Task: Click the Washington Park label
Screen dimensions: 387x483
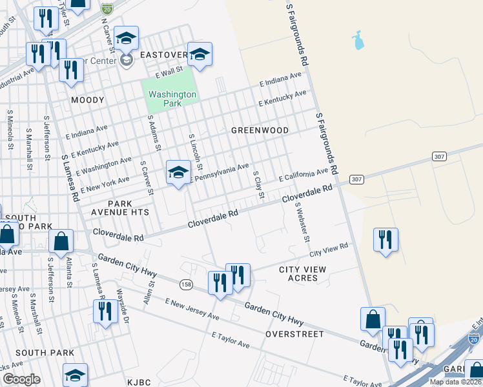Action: point(172,98)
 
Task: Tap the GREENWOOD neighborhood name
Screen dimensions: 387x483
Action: point(260,130)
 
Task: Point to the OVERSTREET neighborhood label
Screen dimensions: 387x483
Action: point(294,334)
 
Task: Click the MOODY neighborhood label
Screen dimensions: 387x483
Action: point(87,100)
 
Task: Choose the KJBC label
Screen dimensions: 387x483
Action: point(139,382)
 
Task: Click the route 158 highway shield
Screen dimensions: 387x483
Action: point(187,283)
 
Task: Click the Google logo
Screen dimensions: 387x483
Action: point(21,379)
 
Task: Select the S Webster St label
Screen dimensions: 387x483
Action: point(301,223)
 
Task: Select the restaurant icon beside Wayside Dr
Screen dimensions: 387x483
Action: point(103,311)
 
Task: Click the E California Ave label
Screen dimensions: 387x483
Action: point(303,175)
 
